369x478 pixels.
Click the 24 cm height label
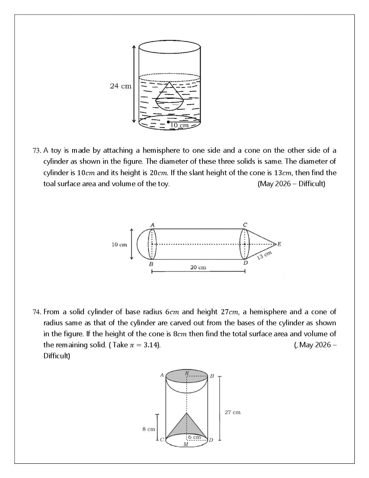click(121, 86)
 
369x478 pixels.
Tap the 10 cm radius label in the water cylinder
click(179, 125)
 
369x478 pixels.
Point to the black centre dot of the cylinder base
click(168, 122)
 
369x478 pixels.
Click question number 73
click(37, 151)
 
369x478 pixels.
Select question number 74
click(37, 312)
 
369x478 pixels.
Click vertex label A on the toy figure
click(152, 225)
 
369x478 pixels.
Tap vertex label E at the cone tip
click(279, 244)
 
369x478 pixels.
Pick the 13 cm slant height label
click(264, 255)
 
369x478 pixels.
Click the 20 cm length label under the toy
click(198, 267)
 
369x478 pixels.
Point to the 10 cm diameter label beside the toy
click(119, 245)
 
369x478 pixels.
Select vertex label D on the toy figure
click(245, 263)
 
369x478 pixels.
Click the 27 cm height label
click(232, 412)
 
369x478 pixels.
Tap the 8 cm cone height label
click(149, 429)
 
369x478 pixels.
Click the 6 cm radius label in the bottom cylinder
click(194, 437)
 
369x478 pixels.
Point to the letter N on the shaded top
click(187, 373)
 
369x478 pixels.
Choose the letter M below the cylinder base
click(186, 444)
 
